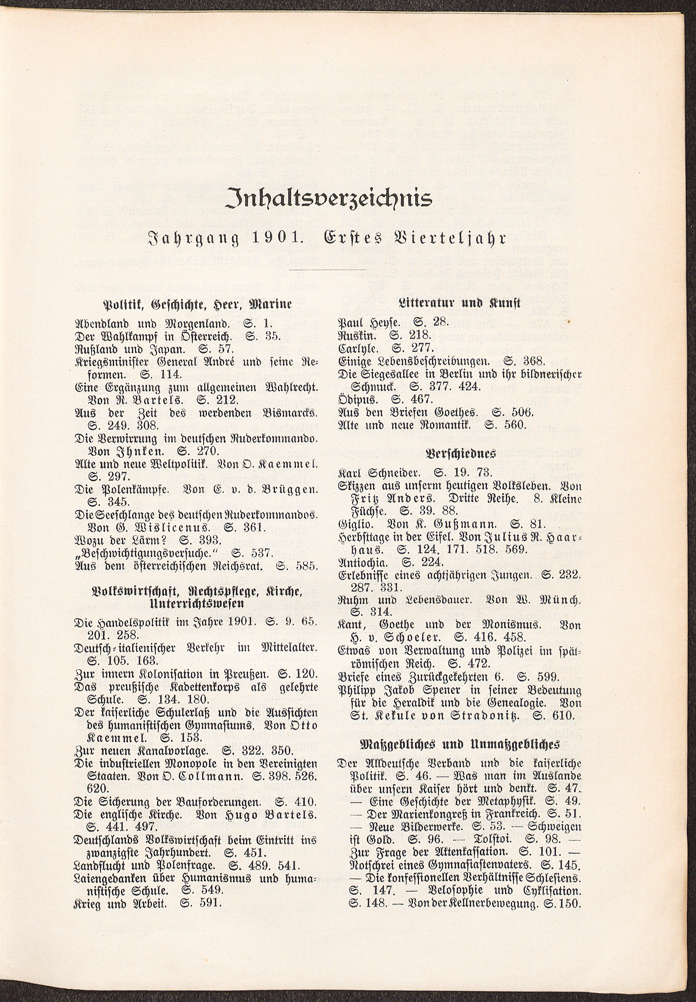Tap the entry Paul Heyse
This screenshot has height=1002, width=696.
[367, 323]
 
